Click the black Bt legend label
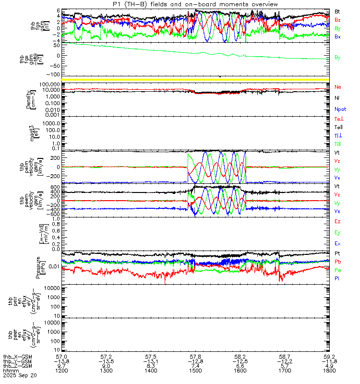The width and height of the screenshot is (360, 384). click(x=338, y=11)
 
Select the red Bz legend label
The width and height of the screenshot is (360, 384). click(x=338, y=20)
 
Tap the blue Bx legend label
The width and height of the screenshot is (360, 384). click(x=338, y=37)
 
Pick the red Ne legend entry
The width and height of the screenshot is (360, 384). click(x=338, y=87)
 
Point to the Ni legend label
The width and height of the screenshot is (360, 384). click(x=337, y=98)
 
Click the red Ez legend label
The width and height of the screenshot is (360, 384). click(x=338, y=222)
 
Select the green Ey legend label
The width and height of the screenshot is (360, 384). click(x=338, y=233)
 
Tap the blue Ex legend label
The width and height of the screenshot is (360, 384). click(x=338, y=244)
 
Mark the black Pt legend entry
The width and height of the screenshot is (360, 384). click(x=337, y=253)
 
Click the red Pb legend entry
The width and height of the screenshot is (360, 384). click(x=338, y=262)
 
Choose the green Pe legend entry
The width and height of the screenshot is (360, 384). click(x=338, y=270)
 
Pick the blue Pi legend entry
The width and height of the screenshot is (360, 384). click(x=337, y=279)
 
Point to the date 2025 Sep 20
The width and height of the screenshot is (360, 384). click(x=16, y=376)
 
